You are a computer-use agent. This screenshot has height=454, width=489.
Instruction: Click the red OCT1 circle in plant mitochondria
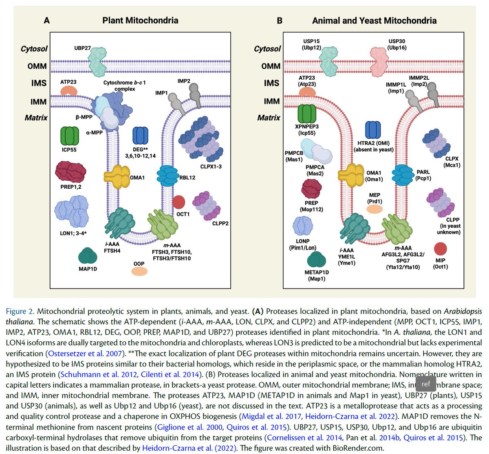pyautogui.click(x=178, y=202)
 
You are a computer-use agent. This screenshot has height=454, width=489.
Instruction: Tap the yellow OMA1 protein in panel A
pyautogui.click(x=116, y=177)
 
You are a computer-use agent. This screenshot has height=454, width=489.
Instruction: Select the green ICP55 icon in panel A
pyautogui.click(x=69, y=136)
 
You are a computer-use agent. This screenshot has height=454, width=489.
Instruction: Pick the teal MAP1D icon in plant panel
pyautogui.click(x=88, y=256)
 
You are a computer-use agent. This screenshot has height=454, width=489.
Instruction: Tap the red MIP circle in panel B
pyautogui.click(x=441, y=249)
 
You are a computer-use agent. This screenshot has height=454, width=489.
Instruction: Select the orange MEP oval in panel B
pyautogui.click(x=374, y=209)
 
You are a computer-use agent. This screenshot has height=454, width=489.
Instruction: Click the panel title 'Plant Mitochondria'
pyautogui.click(x=140, y=20)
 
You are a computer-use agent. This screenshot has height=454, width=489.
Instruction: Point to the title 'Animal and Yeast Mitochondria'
pyautogui.click(x=374, y=20)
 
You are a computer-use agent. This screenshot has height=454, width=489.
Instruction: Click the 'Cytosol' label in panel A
pyautogui.click(x=34, y=49)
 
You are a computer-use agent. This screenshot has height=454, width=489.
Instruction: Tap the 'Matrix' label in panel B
pyautogui.click(x=269, y=118)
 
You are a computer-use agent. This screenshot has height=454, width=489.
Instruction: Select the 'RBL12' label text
pyautogui.click(x=188, y=177)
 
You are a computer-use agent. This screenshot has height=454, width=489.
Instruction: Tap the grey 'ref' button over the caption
pyautogui.click(x=425, y=384)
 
